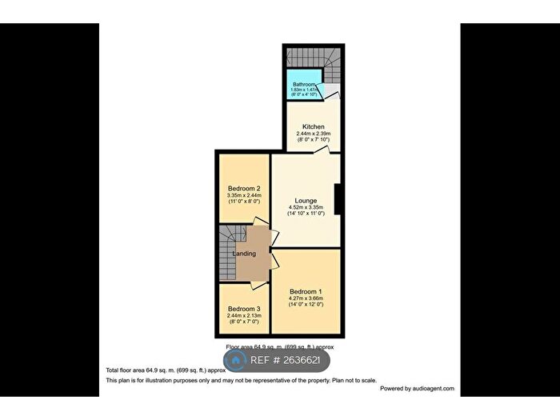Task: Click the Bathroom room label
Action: [303, 83]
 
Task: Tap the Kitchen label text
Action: [313, 127]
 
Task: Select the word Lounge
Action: [306, 201]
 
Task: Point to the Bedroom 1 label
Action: [306, 291]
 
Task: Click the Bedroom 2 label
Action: [244, 189]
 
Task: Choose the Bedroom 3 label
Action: [244, 309]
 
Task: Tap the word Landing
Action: [244, 254]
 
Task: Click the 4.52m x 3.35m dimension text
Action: [306, 207]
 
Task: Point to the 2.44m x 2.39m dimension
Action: [313, 134]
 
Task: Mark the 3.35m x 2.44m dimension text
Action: [244, 195]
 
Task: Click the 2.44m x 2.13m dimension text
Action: [244, 315]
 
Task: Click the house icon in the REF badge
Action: [236, 361]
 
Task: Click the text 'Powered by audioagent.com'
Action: [417, 389]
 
